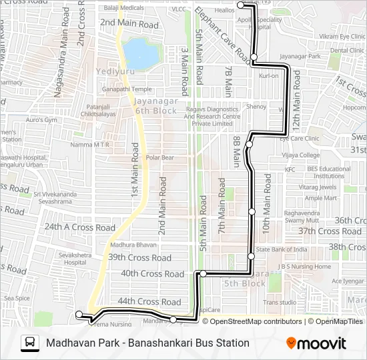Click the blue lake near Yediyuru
click(137, 50)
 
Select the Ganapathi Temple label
click(127, 89)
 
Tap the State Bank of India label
click(282, 250)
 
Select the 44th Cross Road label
click(149, 302)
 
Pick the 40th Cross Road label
click(152, 274)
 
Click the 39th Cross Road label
click(140, 257)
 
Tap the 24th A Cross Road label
click(80, 227)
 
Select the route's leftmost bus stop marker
click(79, 314)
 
